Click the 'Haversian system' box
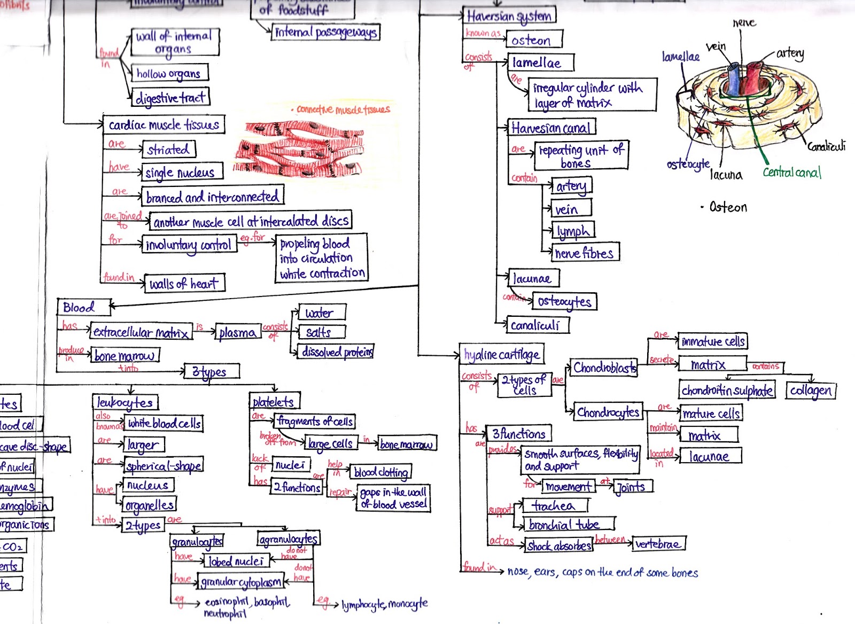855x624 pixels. pos(509,16)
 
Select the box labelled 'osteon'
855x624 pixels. pos(533,40)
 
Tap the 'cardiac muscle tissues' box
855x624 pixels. pos(164,124)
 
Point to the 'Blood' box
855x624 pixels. pos(83,307)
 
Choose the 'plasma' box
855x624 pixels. pos(238,332)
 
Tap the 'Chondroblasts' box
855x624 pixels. pos(604,368)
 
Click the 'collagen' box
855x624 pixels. pos(810,391)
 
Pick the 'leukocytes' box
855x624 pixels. pos(126,402)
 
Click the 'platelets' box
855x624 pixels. pos(274,401)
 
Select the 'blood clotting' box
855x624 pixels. pos(381,472)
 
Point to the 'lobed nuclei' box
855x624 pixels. pos(236,561)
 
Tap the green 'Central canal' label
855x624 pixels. pos(791,172)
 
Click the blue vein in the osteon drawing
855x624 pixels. pos(734,80)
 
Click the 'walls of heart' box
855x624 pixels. pos(184,284)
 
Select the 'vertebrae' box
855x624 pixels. pos(658,544)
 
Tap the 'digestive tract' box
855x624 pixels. pos(170,98)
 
